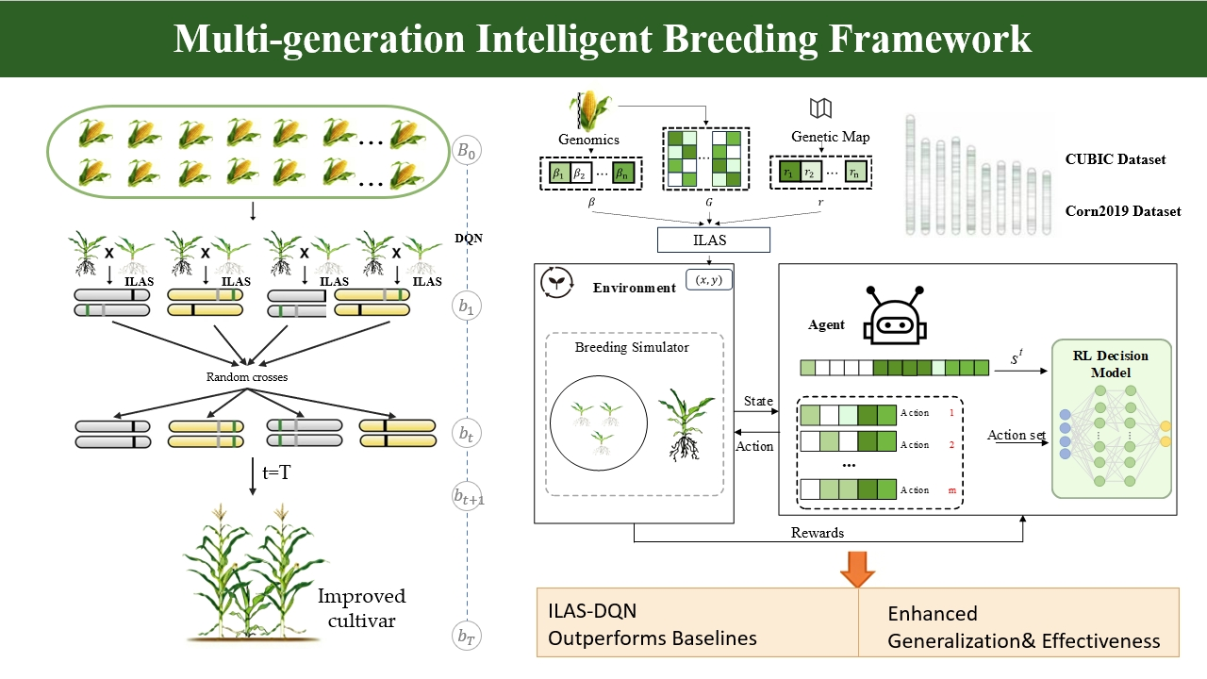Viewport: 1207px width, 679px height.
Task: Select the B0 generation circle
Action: [x=466, y=151]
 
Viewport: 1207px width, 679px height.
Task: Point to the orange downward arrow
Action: [x=857, y=568]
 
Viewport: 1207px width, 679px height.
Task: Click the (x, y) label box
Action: [x=708, y=280]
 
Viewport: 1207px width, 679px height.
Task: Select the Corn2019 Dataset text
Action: [x=1122, y=211]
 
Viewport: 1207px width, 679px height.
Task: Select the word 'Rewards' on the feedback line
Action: [x=818, y=533]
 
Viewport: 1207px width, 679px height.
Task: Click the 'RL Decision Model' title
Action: [x=1111, y=363]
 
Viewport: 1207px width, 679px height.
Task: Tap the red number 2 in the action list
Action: [x=951, y=444]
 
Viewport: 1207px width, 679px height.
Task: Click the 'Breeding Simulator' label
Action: [x=632, y=347]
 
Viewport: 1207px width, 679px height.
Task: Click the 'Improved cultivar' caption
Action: [x=361, y=608]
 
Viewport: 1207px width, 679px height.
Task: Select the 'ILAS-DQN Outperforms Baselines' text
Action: [x=653, y=624]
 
